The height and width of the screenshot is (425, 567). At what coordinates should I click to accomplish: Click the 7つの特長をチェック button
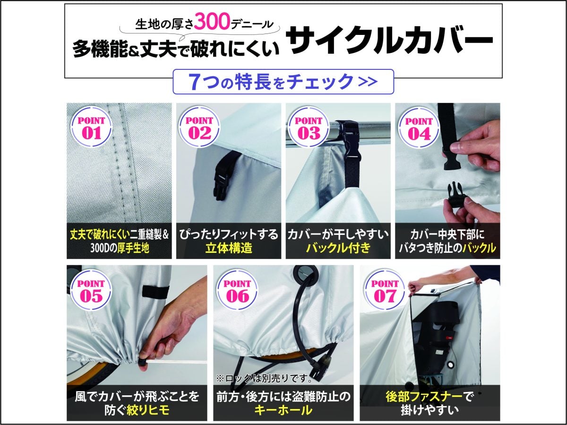coord(283,82)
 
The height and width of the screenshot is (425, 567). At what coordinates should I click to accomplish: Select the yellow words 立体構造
coord(229,248)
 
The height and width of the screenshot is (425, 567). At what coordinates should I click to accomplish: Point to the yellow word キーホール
coord(283,410)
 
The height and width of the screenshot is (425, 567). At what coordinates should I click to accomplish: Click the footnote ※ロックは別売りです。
coord(265,378)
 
